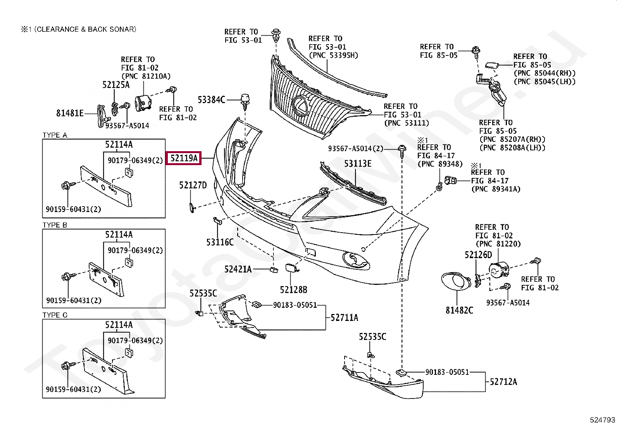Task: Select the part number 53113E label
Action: pyautogui.click(x=358, y=164)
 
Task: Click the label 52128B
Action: pyautogui.click(x=293, y=290)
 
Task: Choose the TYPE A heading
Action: pyautogui.click(x=55, y=135)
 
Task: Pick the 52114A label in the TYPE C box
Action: pyautogui.click(x=119, y=324)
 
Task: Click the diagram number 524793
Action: pyautogui.click(x=602, y=420)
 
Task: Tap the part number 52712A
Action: pyautogui.click(x=503, y=382)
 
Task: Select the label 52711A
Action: pyautogui.click(x=344, y=318)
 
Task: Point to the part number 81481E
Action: pyautogui.click(x=70, y=113)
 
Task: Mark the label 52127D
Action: pyautogui.click(x=193, y=185)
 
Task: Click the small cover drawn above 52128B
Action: pyautogui.click(x=291, y=268)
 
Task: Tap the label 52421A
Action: pyautogui.click(x=238, y=269)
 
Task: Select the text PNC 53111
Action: pyautogui.click(x=406, y=123)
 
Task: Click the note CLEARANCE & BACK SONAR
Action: pyautogui.click(x=85, y=29)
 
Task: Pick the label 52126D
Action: pyautogui.click(x=478, y=255)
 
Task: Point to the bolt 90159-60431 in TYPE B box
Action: pyautogui.click(x=65, y=277)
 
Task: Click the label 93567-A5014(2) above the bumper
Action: pyautogui.click(x=355, y=148)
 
